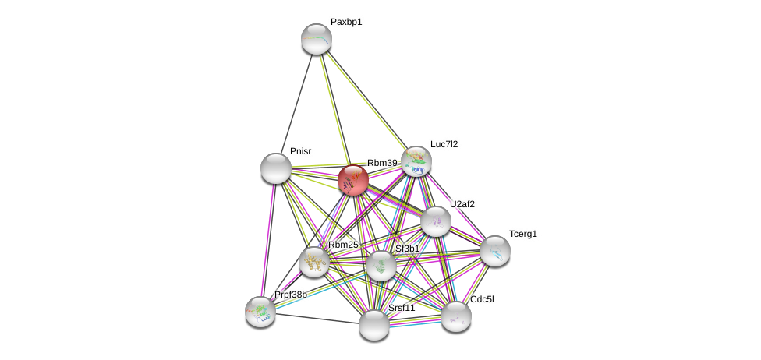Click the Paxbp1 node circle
click(317, 39)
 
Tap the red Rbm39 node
click(353, 180)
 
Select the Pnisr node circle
click(276, 168)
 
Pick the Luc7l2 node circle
click(416, 161)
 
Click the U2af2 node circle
click(436, 221)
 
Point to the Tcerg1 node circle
click(495, 251)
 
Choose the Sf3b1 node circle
click(381, 266)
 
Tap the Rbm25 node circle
click(314, 262)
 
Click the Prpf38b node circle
click(260, 312)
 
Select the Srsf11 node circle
click(374, 324)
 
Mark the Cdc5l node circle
click(456, 316)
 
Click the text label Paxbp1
click(346, 23)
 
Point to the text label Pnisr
click(300, 151)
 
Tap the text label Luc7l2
click(444, 144)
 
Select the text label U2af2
click(462, 204)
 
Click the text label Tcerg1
click(522, 234)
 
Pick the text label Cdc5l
click(482, 299)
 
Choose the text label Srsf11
click(402, 308)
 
